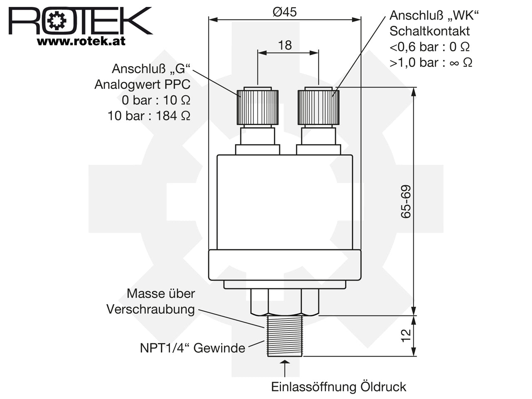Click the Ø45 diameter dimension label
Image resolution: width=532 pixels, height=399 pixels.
pyautogui.click(x=285, y=12)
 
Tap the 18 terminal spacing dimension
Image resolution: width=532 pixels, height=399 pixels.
pyautogui.click(x=285, y=45)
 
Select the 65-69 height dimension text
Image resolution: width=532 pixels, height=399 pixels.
pyautogui.click(x=406, y=202)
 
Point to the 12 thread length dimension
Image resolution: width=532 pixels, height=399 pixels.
pyautogui.click(x=406, y=335)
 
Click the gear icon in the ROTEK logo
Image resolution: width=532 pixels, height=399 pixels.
pyautogui.click(x=57, y=21)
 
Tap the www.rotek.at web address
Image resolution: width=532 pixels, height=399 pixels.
pyautogui.click(x=81, y=41)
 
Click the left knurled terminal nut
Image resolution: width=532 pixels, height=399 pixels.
pyautogui.click(x=257, y=107)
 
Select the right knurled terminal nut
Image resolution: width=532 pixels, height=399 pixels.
pyautogui.click(x=318, y=107)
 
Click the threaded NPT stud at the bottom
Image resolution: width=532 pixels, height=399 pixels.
pyautogui.click(x=285, y=336)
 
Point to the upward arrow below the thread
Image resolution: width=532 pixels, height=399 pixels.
pyautogui.click(x=285, y=368)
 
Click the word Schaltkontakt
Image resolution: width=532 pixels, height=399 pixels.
pyautogui.click(x=429, y=31)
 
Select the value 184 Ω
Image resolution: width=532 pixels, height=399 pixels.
pyautogui.click(x=173, y=116)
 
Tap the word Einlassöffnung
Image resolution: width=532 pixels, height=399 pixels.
pyautogui.click(x=314, y=387)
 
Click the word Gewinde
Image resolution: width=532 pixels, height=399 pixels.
pyautogui.click(x=219, y=348)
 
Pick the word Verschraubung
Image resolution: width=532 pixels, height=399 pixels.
pyautogui.click(x=150, y=310)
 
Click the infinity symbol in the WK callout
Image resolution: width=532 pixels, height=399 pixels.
pyautogui.click(x=454, y=63)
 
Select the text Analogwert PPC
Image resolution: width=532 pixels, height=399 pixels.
pyautogui.click(x=143, y=84)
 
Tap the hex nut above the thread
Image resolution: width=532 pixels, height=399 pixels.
pyautogui.click(x=285, y=302)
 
